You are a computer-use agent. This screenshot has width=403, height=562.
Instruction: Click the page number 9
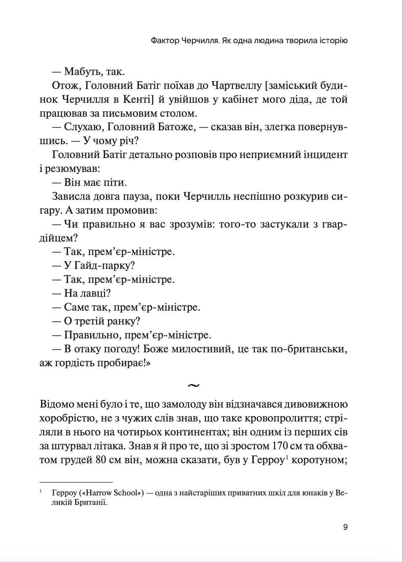[x=345, y=527]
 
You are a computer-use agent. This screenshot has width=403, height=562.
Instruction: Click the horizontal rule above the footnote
[x=76, y=482]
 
